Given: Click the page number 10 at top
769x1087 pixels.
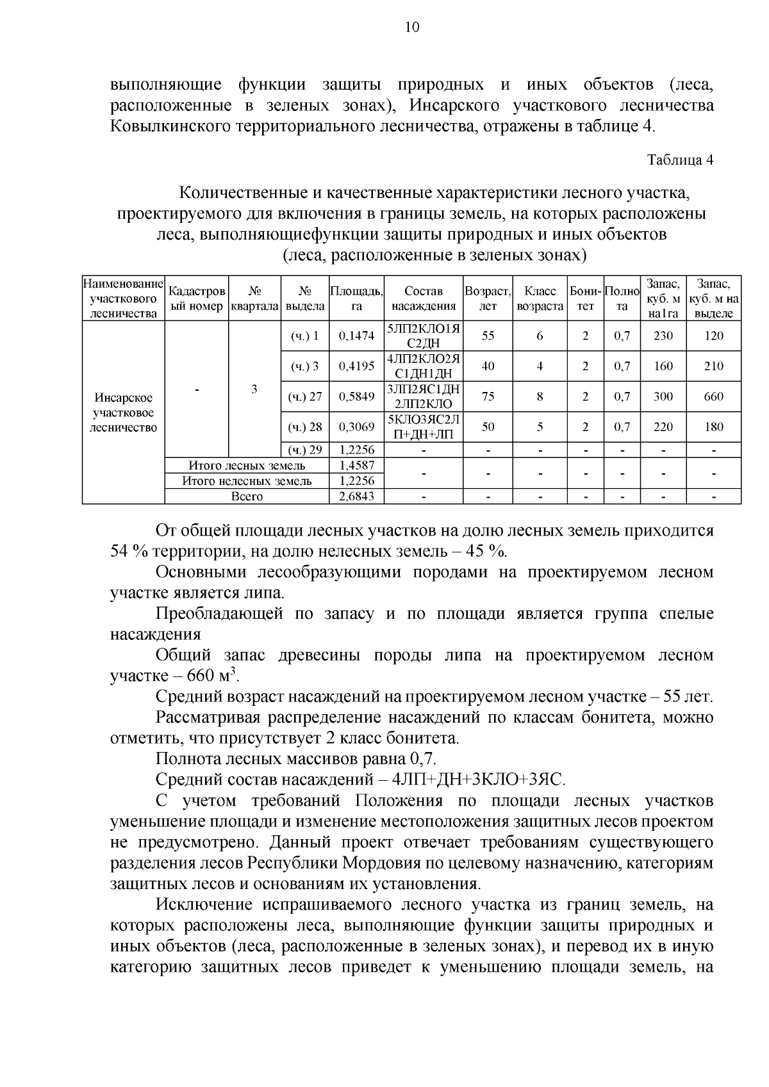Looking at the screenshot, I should (412, 27).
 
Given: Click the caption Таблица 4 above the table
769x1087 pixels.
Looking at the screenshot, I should (680, 160).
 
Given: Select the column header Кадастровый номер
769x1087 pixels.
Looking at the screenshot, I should (196, 298).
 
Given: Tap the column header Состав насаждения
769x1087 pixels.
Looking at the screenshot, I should (424, 298).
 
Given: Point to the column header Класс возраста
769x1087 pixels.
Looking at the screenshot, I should (540, 298).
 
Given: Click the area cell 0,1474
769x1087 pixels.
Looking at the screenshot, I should (356, 336).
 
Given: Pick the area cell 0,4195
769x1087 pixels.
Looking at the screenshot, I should (356, 366).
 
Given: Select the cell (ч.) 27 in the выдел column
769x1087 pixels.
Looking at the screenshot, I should (306, 396).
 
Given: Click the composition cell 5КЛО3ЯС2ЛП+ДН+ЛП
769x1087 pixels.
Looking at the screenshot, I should (424, 427).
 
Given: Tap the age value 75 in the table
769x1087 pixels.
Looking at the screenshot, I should (488, 396).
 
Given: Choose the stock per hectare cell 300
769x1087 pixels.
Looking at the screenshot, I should (663, 396).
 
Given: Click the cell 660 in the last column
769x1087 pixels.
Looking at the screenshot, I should (713, 396).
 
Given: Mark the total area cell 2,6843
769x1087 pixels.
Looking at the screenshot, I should (356, 496).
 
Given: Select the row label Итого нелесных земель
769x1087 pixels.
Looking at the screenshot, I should (247, 481).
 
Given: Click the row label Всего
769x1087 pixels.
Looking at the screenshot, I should (247, 496).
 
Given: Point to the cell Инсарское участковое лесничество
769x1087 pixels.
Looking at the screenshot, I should (124, 413).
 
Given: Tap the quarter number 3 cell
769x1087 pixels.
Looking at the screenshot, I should (254, 389).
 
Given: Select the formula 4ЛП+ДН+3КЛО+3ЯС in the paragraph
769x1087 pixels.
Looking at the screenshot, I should (479, 780).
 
